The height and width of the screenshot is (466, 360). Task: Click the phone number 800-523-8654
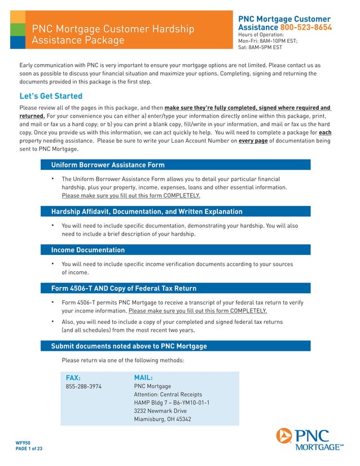pos(306,27)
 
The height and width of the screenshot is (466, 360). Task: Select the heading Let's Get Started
pos(51,96)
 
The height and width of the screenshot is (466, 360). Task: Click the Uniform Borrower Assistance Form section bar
pos(176,165)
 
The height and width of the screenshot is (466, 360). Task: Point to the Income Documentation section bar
pos(176,250)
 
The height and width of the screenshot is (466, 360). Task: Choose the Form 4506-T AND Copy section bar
pos(176,288)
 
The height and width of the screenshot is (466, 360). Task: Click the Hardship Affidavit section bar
pos(176,212)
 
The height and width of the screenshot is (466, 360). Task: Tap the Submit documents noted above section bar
pos(176,346)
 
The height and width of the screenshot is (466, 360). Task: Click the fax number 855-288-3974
pos(84,386)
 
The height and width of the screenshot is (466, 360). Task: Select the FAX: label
pos(73,377)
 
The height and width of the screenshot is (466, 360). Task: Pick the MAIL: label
pos(143,377)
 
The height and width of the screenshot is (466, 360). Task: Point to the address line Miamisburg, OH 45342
pos(163,419)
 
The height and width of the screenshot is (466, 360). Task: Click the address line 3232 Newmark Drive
pos(160,411)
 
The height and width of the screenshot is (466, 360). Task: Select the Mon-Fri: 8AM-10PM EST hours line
pos(267,41)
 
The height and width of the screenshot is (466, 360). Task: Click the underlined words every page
pos(253,140)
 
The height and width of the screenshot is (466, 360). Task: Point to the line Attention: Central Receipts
pos(168,394)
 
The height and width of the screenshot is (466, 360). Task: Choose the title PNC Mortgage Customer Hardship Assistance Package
pos(113,34)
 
